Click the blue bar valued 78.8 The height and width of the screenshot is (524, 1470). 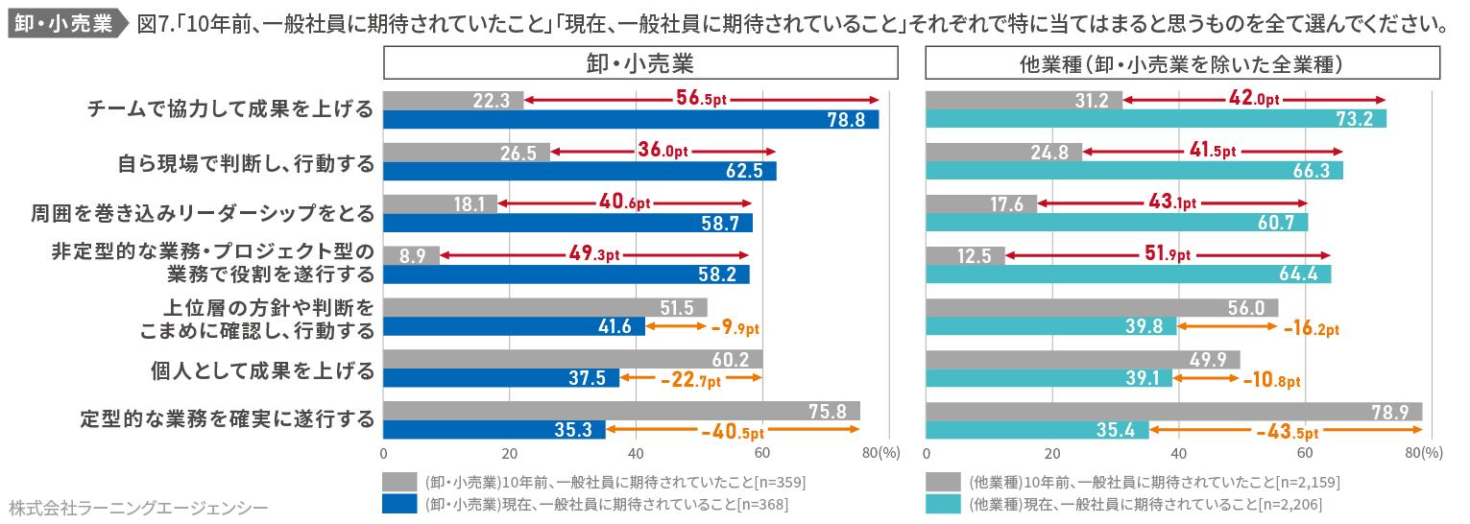click(x=631, y=120)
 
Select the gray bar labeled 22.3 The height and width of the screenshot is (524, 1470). click(x=453, y=100)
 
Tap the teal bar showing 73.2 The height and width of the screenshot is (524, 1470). click(x=1155, y=120)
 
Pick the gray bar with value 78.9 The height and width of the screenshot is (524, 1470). click(x=1173, y=412)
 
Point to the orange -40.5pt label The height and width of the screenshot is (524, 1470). click(x=732, y=432)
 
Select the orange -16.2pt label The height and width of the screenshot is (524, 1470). click(x=1311, y=328)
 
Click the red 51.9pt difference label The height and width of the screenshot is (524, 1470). click(x=1167, y=254)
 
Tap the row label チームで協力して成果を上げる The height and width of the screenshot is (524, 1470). click(x=229, y=109)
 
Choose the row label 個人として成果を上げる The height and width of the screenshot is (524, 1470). click(x=262, y=369)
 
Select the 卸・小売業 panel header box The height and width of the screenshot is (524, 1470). click(x=640, y=64)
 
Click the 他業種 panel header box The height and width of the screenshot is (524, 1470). click(x=1182, y=64)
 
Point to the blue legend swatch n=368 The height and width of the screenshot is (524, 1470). click(x=398, y=504)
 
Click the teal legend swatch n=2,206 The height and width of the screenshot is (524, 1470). click(x=943, y=504)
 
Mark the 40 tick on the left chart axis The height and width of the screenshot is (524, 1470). click(x=635, y=454)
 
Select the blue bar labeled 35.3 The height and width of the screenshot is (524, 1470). click(x=494, y=430)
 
